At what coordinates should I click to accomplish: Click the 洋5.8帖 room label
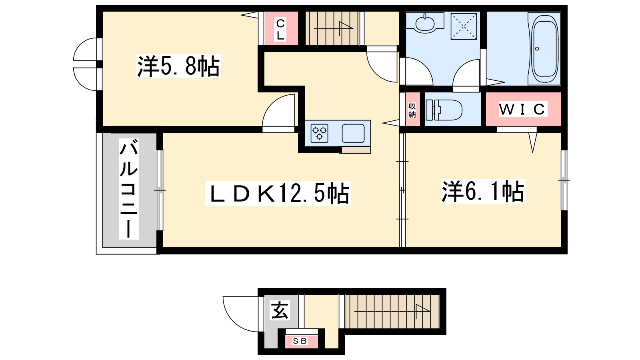178,66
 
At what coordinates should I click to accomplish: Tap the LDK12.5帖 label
278,194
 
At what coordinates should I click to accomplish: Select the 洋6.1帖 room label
483,192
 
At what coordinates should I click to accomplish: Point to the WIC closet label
523,109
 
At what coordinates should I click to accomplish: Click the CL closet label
280,30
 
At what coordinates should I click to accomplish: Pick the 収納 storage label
412,110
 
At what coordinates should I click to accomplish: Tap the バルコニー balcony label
128,189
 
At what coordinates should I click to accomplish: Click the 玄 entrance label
280,310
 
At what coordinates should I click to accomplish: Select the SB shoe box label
300,341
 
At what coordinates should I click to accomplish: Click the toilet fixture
444,110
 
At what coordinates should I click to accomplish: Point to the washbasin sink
425,23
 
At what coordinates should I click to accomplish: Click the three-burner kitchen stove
320,134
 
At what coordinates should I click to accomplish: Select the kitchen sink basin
353,134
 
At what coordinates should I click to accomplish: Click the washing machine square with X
464,26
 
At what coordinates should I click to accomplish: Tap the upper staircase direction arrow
334,28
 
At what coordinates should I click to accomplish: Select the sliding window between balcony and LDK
160,190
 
